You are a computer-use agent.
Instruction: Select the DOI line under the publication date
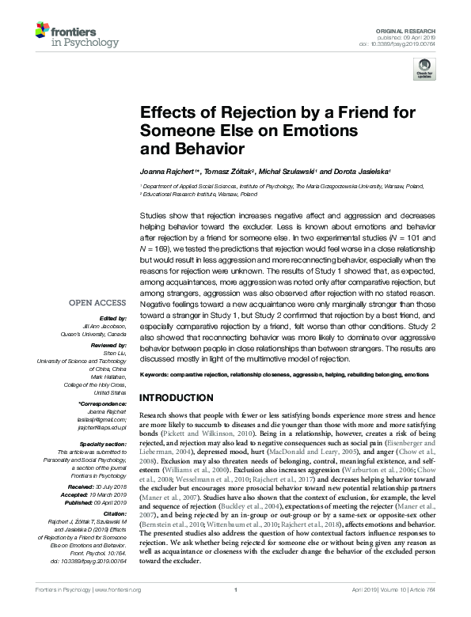point(403,44)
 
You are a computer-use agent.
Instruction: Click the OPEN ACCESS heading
point(97,303)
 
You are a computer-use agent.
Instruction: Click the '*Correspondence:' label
point(103,405)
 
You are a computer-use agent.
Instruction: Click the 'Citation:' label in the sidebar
point(112,510)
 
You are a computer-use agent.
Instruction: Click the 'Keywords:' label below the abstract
point(156,373)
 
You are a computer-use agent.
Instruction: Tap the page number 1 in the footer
point(235,612)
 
